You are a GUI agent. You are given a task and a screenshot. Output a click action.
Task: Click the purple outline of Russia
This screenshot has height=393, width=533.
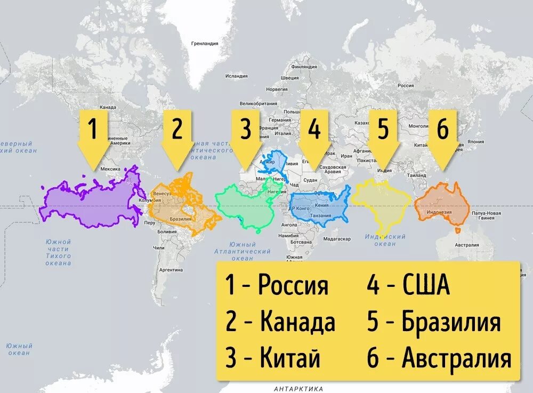[91, 200]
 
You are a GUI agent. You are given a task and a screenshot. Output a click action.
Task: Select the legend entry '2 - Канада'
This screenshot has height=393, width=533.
[280, 322]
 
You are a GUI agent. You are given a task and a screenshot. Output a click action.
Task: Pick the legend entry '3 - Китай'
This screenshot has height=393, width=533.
[272, 358]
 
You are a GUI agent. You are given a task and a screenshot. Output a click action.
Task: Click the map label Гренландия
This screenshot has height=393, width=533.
[205, 43]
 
